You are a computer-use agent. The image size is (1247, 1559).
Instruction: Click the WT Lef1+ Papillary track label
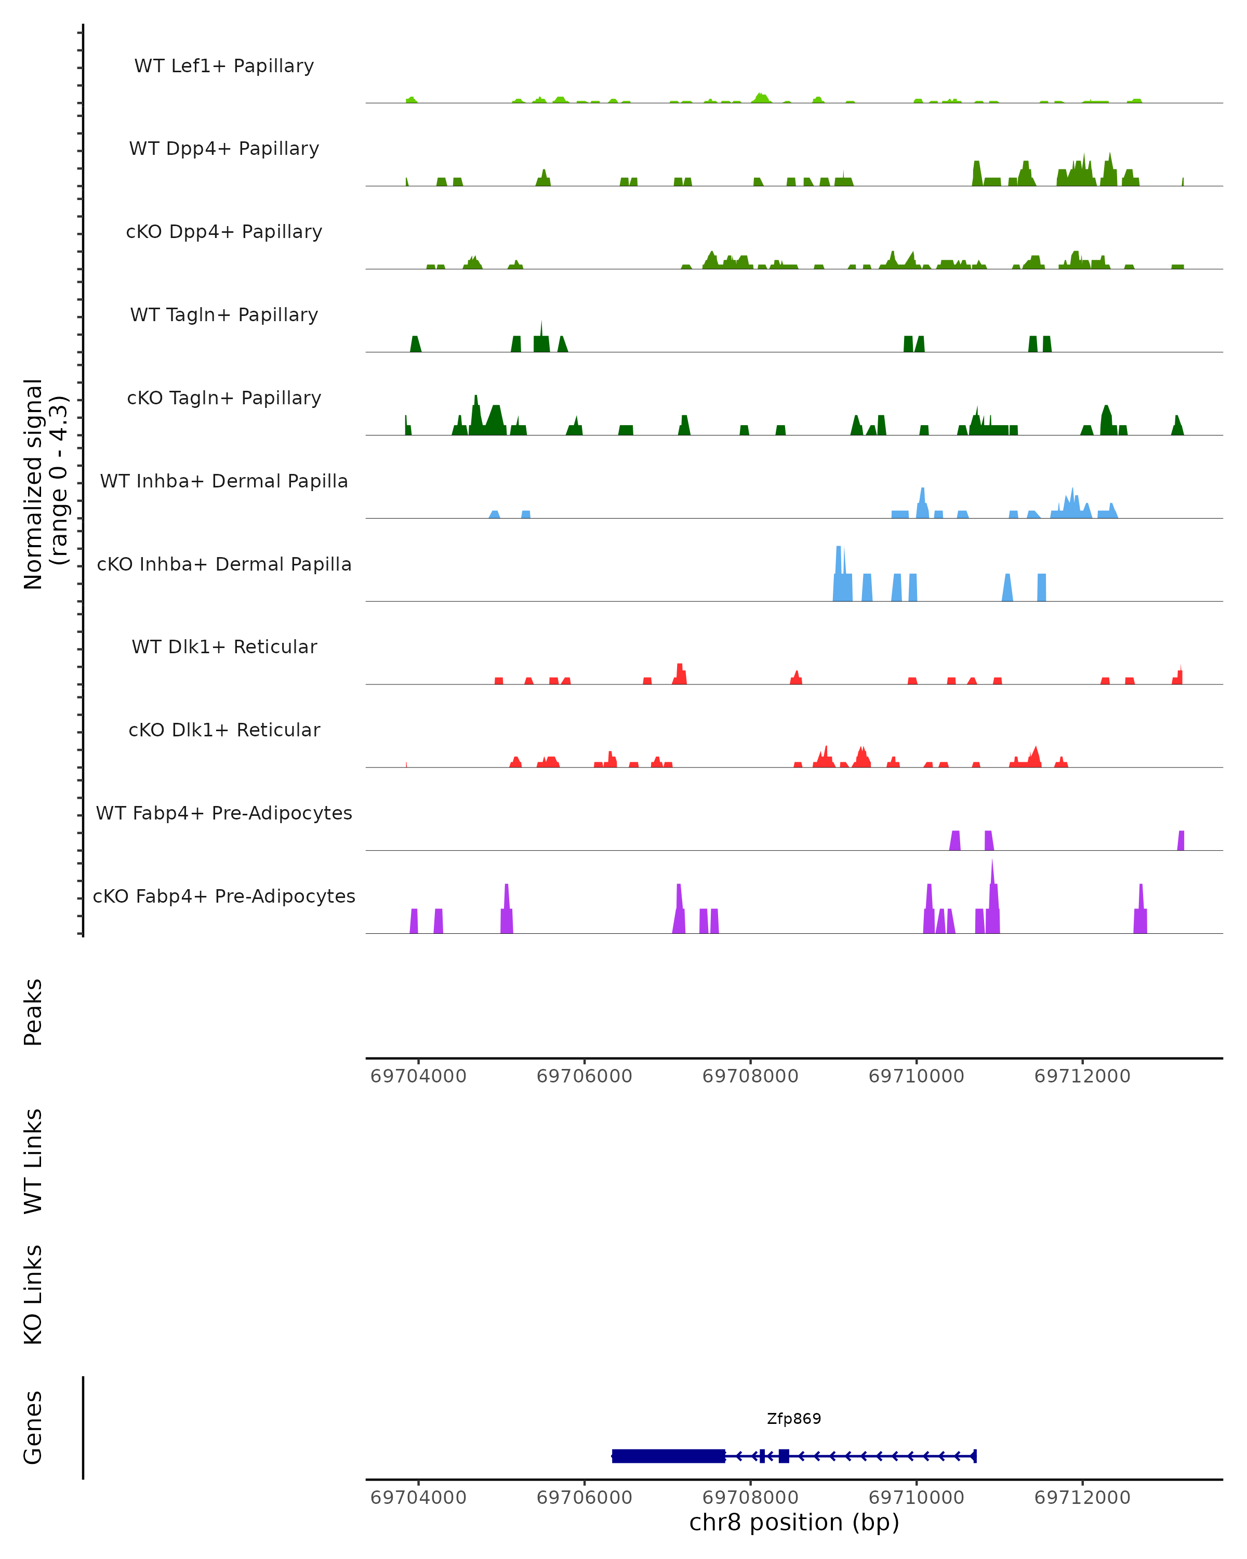coord(224,66)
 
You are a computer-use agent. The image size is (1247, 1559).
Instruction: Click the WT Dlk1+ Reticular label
coord(224,646)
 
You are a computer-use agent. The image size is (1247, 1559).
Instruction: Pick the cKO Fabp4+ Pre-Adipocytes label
coord(224,896)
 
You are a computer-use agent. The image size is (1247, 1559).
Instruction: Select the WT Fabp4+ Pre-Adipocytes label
coord(224,813)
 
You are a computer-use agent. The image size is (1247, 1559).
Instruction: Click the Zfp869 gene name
coord(794,1419)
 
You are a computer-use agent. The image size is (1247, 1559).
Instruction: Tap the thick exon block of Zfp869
coord(668,1456)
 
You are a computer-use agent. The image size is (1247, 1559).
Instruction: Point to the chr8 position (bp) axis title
coord(794,1522)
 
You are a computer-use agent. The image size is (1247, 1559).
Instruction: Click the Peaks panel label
coord(33,1012)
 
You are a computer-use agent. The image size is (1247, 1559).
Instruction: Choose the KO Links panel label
coord(33,1294)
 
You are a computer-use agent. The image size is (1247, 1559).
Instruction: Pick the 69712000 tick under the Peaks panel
coord(1082,1076)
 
